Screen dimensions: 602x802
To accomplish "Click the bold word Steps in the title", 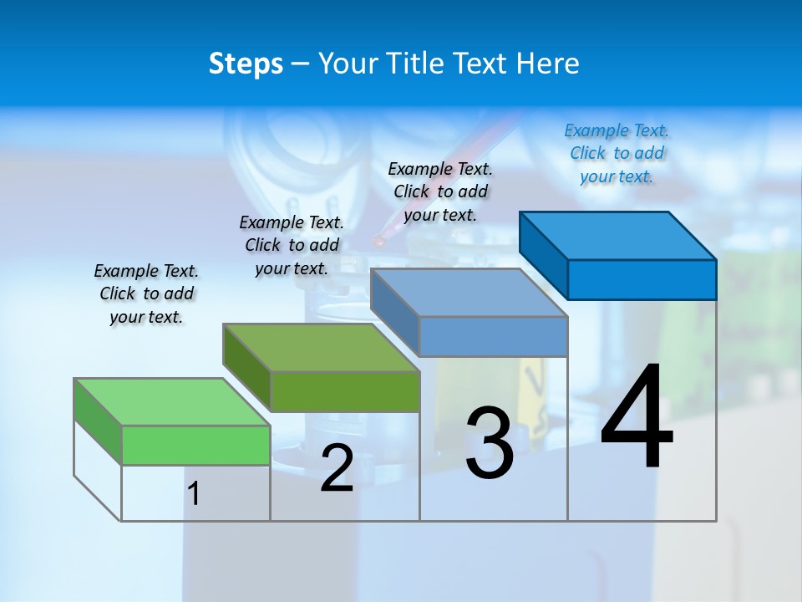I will click(246, 64).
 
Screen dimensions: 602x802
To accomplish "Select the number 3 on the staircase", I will click(489, 442).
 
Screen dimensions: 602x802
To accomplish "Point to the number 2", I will click(337, 468).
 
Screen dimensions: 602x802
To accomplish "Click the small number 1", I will click(194, 494).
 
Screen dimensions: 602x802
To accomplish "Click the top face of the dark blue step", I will click(617, 235).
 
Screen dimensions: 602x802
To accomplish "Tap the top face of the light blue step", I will click(469, 292).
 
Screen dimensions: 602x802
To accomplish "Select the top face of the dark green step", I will click(321, 347).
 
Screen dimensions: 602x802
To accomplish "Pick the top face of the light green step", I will click(172, 401).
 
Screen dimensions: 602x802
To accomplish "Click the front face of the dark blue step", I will click(642, 279).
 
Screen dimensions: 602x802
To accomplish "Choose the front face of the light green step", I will click(195, 445).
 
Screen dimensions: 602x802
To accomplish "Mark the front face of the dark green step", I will click(345, 391).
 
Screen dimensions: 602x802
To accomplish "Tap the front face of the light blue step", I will click(493, 336).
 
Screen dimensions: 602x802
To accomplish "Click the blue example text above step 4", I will click(617, 153).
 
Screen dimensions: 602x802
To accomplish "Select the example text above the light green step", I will click(146, 293).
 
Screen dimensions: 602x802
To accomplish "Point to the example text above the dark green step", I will click(292, 245).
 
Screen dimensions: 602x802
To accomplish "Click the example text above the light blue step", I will click(440, 191).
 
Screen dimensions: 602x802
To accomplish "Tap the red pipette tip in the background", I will click(378, 241).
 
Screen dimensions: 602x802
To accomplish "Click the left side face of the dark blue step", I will click(543, 254).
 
